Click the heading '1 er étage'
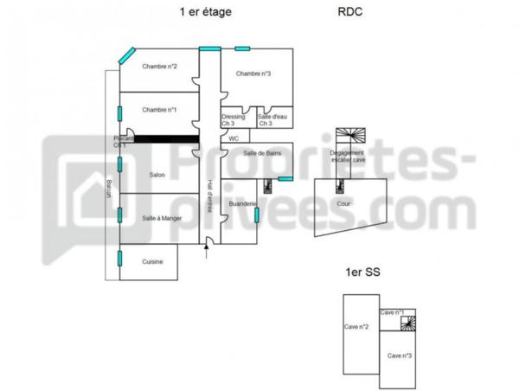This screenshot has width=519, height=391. pos(205,12)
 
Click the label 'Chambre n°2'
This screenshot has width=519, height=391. pos(160,67)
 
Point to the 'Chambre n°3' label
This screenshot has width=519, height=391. pos(253,74)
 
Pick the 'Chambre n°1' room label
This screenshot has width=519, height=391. pos(160,110)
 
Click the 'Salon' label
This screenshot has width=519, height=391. pos(157,176)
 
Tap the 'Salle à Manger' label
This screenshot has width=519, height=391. pos(162,218)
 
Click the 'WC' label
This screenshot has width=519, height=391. pos(234,138)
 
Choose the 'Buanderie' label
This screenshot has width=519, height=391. pos(242,204)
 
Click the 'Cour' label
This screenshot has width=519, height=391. pos(343,204)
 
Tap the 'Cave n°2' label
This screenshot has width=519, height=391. pos(357,327)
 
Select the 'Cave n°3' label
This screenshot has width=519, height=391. pos(399,356)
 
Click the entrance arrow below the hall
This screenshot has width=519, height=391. pos(206,252)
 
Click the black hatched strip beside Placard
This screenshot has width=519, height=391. pos(170,138)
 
